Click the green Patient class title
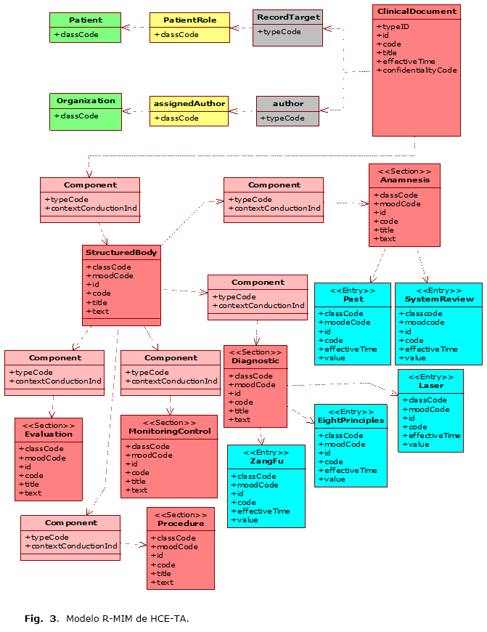[85, 20]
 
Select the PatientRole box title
[189, 20]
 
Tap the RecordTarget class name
[287, 15]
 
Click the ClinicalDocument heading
[417, 11]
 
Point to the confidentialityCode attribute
[417, 70]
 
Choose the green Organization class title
[85, 101]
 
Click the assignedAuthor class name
[189, 103]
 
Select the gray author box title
[287, 103]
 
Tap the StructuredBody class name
[121, 252]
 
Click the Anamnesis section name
[404, 179]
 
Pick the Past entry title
[353, 299]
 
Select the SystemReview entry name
[438, 299]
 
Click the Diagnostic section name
[255, 360]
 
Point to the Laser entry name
[430, 385]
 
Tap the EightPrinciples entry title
[351, 420]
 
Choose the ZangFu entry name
[266, 461]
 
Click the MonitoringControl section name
[169, 431]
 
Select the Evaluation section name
[49, 434]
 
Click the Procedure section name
[181, 523]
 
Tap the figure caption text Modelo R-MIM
[127, 619]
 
